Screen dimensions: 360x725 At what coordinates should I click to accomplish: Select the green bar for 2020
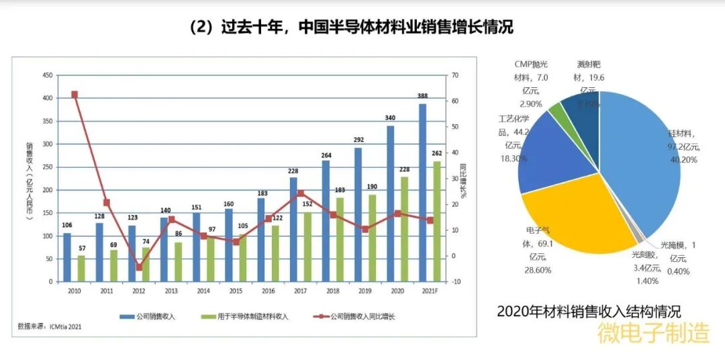tap(405, 228)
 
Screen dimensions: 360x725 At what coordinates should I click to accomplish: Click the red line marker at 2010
tap(75, 95)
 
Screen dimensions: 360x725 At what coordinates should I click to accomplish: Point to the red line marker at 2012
tap(140, 267)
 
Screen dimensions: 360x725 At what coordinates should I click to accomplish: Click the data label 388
tap(422, 96)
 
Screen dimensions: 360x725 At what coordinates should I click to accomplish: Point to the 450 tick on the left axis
tap(47, 75)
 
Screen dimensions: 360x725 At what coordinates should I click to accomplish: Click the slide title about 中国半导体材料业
tap(350, 27)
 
